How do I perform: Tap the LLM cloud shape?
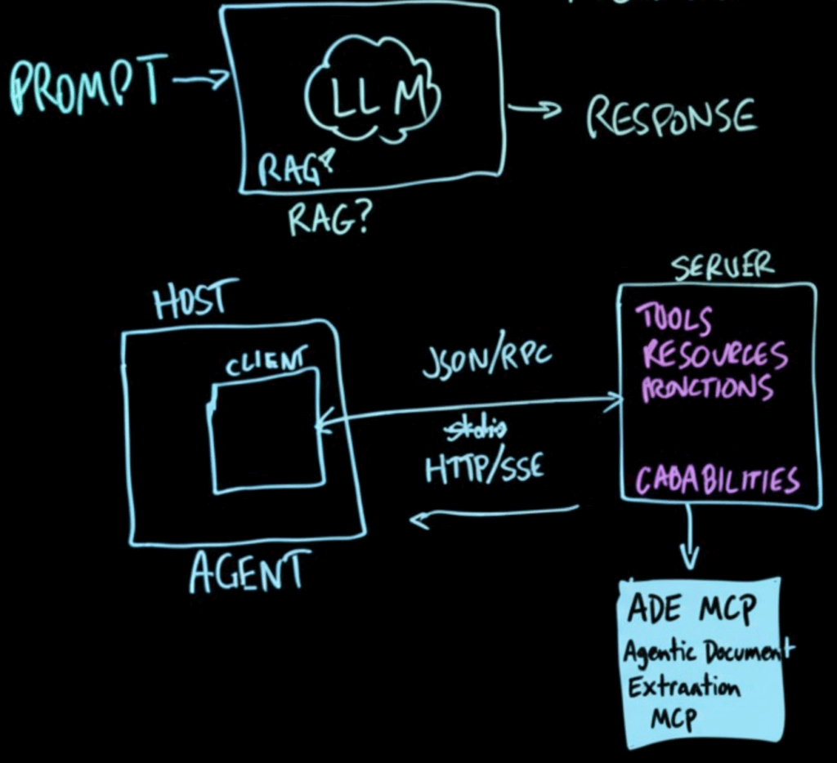(372, 91)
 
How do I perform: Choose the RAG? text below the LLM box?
(327, 218)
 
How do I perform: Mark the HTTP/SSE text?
(484, 470)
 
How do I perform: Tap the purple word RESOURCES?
(714, 355)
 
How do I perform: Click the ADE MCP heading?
(692, 608)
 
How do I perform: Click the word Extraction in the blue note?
(683, 686)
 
